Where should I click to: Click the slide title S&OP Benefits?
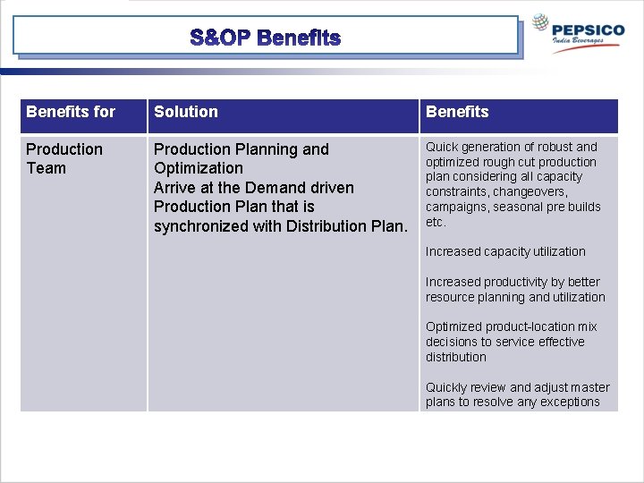click(266, 38)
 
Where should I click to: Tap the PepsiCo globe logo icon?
click(543, 24)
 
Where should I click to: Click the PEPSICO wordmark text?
click(589, 30)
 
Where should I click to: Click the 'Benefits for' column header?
click(71, 112)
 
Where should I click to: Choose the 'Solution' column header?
click(186, 112)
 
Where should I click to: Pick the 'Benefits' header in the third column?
click(457, 112)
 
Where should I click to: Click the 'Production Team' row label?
click(64, 158)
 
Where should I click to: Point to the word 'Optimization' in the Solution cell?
click(199, 168)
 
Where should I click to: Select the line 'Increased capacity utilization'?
click(505, 252)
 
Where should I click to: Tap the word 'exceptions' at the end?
click(571, 402)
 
